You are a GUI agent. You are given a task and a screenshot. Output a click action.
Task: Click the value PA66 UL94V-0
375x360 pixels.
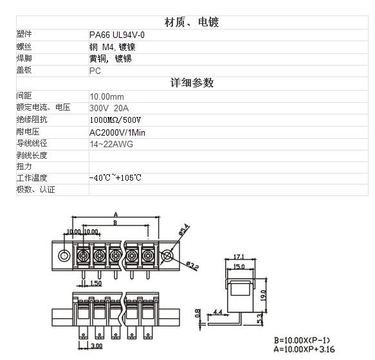click(x=116, y=35)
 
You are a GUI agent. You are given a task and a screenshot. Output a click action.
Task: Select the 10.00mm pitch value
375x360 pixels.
click(x=107, y=96)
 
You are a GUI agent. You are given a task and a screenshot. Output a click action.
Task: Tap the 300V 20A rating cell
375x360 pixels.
click(x=109, y=108)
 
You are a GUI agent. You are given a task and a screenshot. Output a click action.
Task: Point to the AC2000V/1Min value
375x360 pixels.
click(x=117, y=132)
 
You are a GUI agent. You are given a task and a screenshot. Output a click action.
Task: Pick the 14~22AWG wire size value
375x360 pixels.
click(x=111, y=144)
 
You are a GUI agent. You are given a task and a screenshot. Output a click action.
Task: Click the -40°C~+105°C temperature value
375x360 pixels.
click(x=115, y=177)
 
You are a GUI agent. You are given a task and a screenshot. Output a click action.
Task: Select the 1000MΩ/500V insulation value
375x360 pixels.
click(x=115, y=120)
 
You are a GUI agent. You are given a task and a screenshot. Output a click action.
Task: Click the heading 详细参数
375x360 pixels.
click(x=192, y=83)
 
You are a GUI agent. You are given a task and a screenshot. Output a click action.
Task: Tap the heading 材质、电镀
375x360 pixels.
click(x=192, y=22)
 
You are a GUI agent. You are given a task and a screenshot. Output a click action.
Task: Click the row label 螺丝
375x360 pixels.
click(x=24, y=47)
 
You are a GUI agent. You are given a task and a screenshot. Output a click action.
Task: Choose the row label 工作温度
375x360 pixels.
click(x=32, y=178)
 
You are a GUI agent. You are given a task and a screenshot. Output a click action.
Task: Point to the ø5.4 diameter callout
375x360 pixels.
click(x=185, y=230)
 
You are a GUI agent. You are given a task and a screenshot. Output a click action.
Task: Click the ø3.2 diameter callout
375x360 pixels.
click(x=192, y=265)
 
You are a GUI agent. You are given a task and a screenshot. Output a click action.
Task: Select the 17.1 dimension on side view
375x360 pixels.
click(x=239, y=256)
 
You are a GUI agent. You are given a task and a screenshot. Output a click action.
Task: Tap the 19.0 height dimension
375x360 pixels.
click(x=263, y=296)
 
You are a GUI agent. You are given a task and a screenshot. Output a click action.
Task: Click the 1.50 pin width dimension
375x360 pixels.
click(x=96, y=283)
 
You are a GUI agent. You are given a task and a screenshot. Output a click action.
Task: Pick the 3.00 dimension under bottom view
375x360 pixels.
click(x=96, y=346)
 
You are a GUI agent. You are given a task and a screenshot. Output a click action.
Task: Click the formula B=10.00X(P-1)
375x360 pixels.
click(x=302, y=340)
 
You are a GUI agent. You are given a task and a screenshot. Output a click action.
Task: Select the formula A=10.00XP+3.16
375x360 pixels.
click(x=304, y=349)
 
